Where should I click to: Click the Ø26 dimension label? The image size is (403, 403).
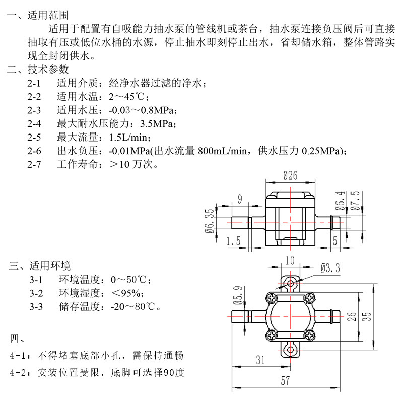point(291,175)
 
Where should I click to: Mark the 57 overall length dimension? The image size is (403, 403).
point(286,381)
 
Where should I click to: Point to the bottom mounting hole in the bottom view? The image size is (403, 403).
point(290,349)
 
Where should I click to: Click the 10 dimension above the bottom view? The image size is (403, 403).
point(289,260)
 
